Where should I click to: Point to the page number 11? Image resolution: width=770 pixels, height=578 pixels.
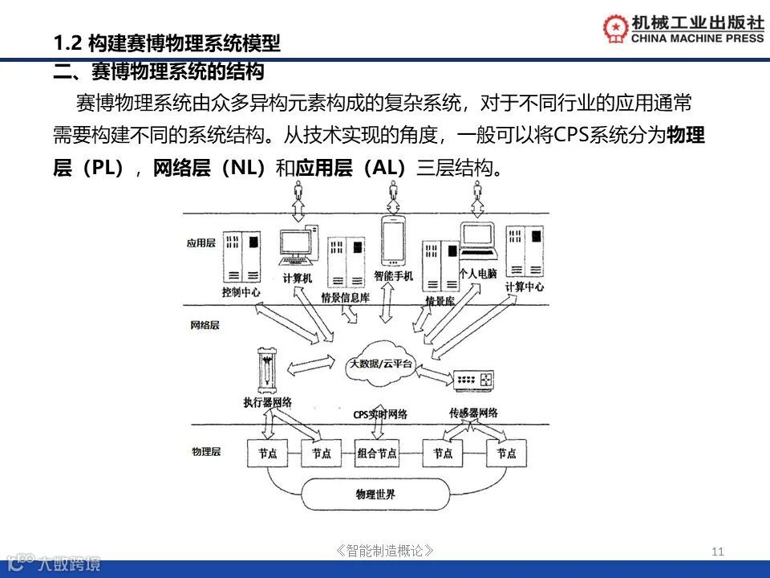point(717,551)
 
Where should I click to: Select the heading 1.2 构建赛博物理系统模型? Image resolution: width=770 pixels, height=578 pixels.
point(166,43)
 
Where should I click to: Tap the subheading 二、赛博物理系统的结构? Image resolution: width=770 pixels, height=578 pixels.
point(159,73)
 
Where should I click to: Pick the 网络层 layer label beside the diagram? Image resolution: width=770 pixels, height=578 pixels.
point(205,326)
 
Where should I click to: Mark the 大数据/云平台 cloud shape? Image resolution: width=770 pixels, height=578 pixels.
point(380,364)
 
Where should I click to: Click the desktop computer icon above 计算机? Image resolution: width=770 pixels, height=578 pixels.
point(296,249)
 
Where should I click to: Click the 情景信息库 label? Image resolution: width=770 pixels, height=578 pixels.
point(345,298)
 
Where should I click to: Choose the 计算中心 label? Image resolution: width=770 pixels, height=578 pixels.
point(525,287)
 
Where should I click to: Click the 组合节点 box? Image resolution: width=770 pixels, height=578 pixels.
point(377,453)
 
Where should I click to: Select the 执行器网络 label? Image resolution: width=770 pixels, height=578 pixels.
point(267,401)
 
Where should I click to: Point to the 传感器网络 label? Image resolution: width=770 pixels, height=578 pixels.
point(474,413)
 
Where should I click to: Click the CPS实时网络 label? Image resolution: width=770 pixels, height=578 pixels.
point(380,414)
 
